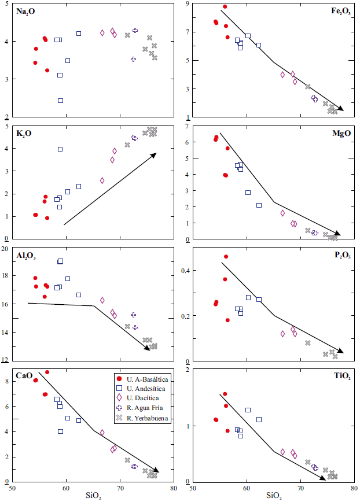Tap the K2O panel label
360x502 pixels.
[x=24, y=133]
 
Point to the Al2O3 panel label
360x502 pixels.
[x=27, y=254]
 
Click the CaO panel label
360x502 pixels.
[x=24, y=375]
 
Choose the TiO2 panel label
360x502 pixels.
[x=340, y=375]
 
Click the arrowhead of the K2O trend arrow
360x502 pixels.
[x=155, y=154]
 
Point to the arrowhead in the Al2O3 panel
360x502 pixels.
[x=148, y=348]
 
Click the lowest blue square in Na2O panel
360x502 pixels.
[x=60, y=101]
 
